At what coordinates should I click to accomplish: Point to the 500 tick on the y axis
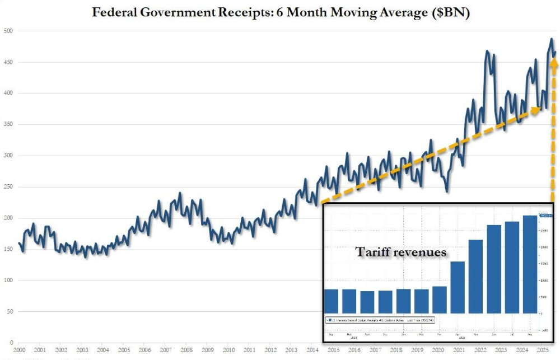coord(7,31)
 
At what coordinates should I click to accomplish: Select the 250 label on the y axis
coord(7,187)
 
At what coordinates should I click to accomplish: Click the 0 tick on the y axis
coord(11,343)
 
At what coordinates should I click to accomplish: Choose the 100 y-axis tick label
coord(7,280)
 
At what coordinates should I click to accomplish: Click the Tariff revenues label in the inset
coord(401,253)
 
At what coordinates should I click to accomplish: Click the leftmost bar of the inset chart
coord(332,301)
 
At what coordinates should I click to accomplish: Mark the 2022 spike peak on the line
coord(487,52)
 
